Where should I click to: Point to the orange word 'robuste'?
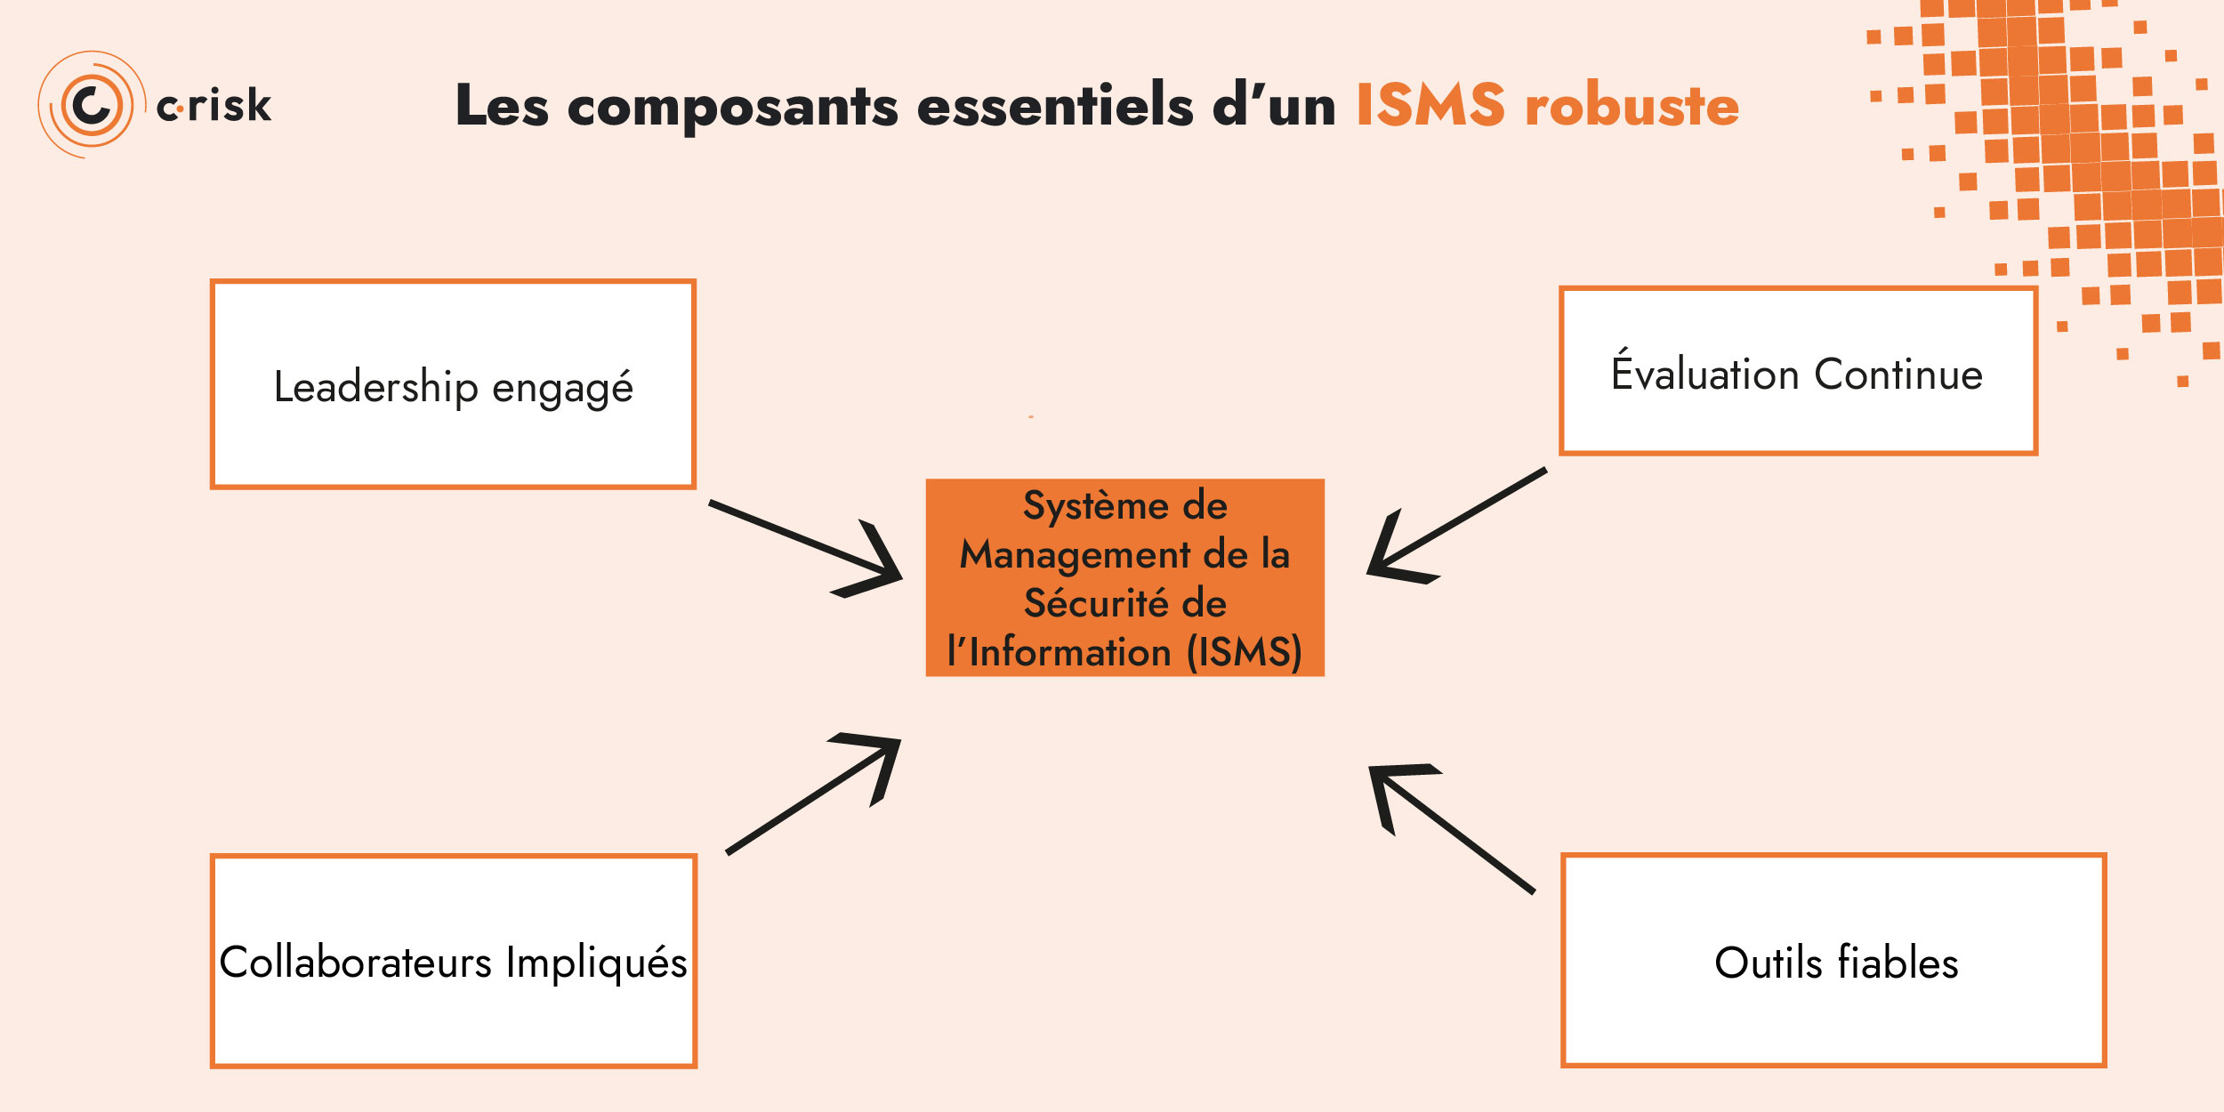click(x=1632, y=105)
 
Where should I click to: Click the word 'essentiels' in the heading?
click(x=1055, y=105)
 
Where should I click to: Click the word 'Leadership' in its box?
click(x=376, y=387)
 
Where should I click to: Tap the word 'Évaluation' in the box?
click(x=1704, y=373)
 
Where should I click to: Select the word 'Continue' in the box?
click(x=1898, y=375)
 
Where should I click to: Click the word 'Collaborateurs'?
click(x=357, y=962)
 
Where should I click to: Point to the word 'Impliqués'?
click(x=596, y=963)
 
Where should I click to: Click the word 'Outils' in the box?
click(x=1769, y=963)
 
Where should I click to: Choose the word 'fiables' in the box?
click(x=1898, y=963)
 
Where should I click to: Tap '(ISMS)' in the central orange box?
click(x=1245, y=651)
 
